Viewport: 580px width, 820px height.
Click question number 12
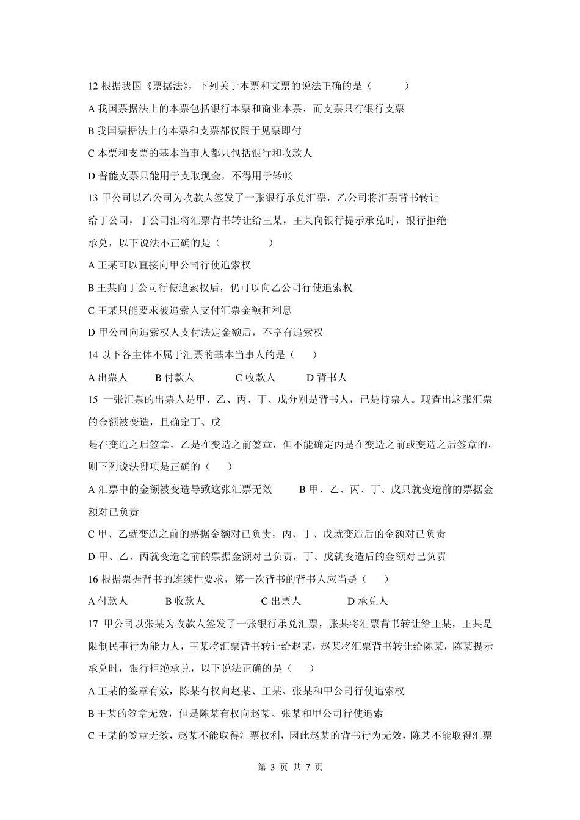(93, 86)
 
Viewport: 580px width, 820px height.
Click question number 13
(93, 198)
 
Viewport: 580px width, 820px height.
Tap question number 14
(93, 354)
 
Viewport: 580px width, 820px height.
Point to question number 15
(93, 400)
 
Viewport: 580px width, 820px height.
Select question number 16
(93, 578)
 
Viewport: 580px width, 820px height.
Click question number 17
(93, 624)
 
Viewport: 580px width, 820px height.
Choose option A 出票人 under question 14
(108, 378)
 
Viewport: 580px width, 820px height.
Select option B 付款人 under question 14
(175, 378)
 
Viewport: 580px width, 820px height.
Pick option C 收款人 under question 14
(256, 378)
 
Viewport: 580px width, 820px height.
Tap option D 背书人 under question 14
(327, 378)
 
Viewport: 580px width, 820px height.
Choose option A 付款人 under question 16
(108, 601)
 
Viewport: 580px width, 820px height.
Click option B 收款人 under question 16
(185, 601)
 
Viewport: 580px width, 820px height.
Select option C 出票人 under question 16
(281, 601)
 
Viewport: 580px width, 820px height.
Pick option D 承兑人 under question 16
(368, 601)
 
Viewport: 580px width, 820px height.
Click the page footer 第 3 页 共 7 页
(290, 767)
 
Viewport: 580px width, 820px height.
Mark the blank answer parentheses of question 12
(389, 86)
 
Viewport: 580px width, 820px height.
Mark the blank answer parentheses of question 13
(244, 243)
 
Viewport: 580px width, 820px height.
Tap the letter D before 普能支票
(92, 176)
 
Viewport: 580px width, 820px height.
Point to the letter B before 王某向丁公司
(92, 287)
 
